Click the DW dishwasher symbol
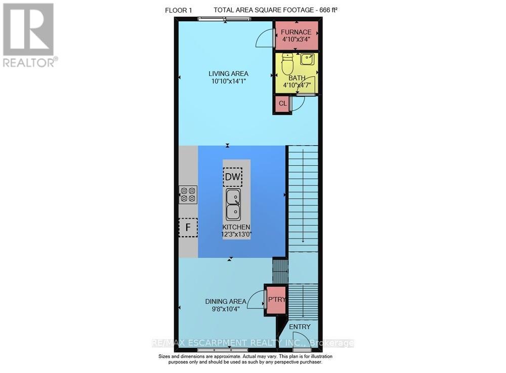[x=232, y=177]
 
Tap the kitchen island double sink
[x=233, y=204]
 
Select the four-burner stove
[x=188, y=194]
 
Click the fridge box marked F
[x=188, y=227]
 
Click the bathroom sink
[x=307, y=59]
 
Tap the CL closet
[x=283, y=104]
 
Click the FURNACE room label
[x=296, y=32]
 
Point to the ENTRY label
[x=300, y=327]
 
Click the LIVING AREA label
[x=229, y=73]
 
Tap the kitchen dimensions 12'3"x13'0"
[x=236, y=234]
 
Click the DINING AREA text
[x=226, y=301]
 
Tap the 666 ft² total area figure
[x=328, y=10]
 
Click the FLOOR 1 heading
[x=179, y=10]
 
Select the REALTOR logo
[x=29, y=35]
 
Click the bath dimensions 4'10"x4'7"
[x=297, y=86]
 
